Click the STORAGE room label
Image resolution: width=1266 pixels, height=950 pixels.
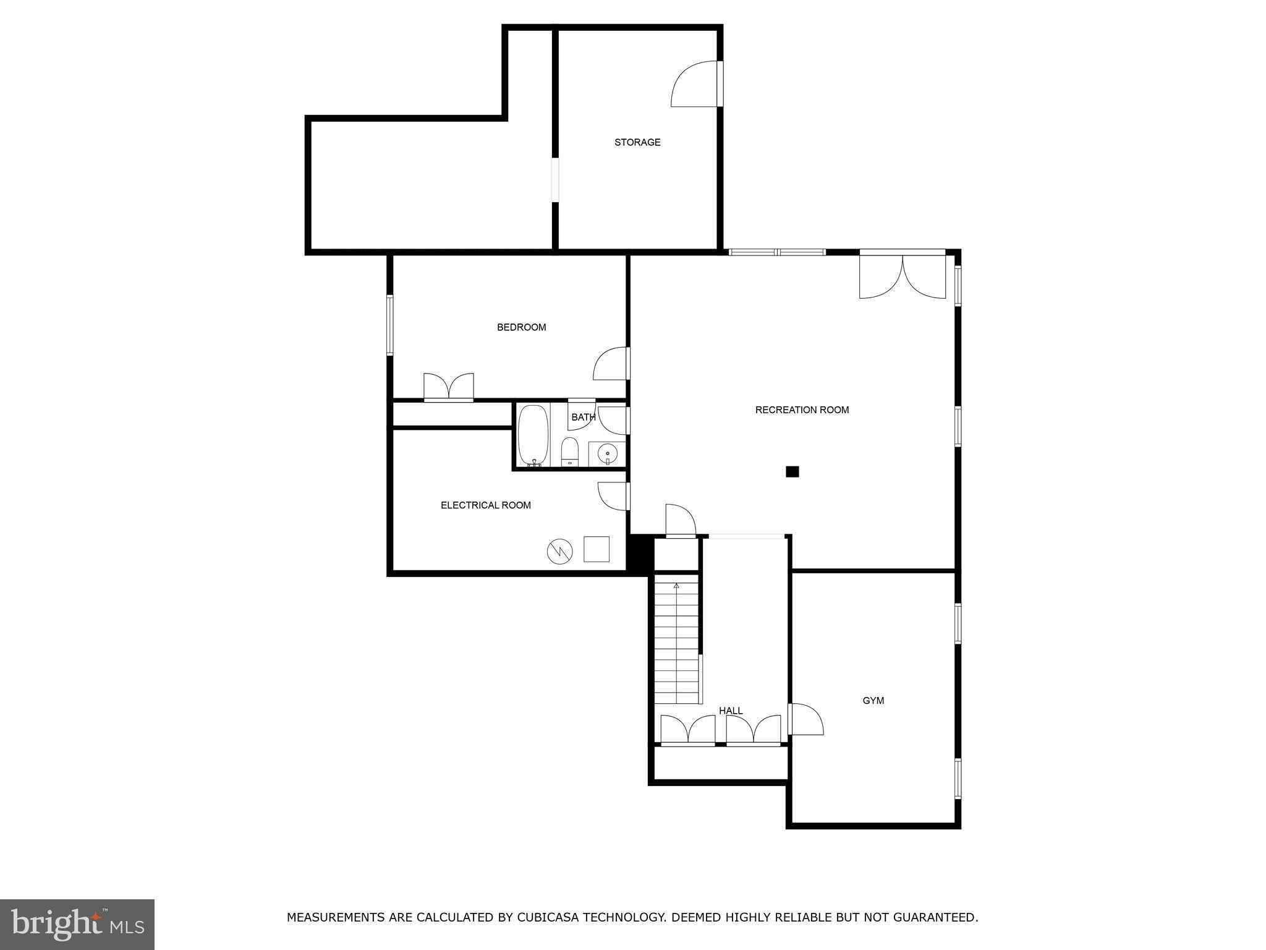click(x=637, y=142)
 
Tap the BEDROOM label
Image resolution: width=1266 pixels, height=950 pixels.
click(x=522, y=327)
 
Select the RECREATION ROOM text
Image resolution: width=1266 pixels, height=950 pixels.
click(x=802, y=409)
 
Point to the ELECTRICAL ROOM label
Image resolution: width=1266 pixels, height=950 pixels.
click(x=486, y=505)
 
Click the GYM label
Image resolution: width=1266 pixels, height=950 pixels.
click(x=873, y=701)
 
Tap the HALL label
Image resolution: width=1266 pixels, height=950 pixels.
click(x=731, y=711)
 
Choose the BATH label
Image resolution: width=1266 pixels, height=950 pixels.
click(x=584, y=417)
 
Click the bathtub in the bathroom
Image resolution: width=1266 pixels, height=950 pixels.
click(x=533, y=435)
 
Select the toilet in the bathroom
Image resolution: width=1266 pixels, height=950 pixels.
click(x=569, y=451)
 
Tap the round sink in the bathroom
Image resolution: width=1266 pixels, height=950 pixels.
click(x=607, y=454)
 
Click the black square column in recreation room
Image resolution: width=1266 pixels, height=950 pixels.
click(x=792, y=472)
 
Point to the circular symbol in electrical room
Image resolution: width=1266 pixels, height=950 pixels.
click(x=559, y=552)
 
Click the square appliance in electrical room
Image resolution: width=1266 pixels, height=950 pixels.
click(x=597, y=549)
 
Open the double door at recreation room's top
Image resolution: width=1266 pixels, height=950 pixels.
click(x=903, y=274)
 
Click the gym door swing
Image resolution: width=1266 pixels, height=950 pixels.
click(x=806, y=719)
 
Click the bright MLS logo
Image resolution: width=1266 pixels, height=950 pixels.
click(x=77, y=925)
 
